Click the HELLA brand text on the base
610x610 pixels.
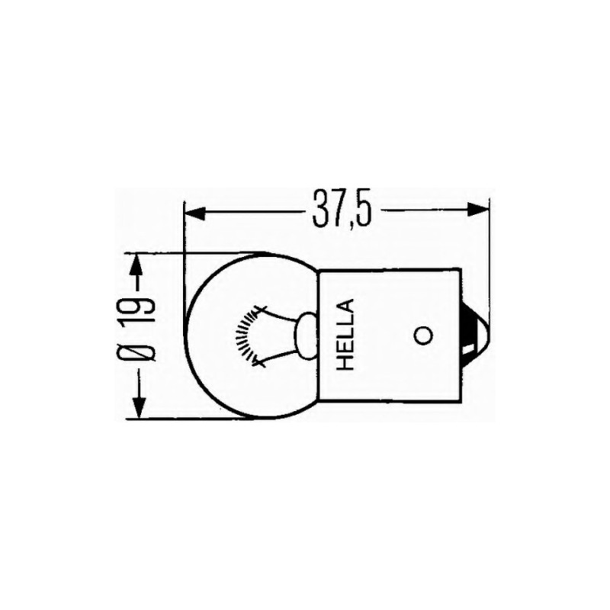345,335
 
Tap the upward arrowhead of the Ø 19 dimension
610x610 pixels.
136,264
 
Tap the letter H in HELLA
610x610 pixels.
345,362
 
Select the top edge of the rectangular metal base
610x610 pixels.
393,269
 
